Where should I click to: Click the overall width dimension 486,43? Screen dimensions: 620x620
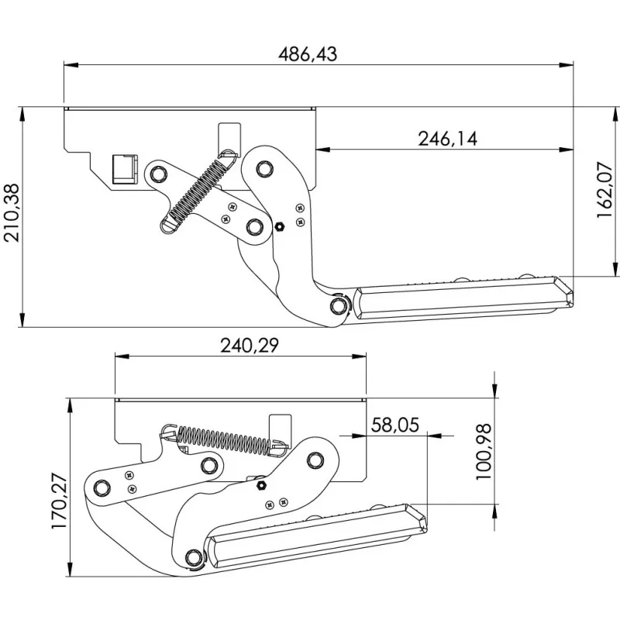point(308,53)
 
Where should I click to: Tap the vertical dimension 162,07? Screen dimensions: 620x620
point(604,191)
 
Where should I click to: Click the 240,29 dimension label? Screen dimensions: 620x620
point(240,346)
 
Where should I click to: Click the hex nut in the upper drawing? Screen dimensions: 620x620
point(280,227)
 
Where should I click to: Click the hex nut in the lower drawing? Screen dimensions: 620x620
point(261,484)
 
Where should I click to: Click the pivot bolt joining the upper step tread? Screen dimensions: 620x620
point(338,306)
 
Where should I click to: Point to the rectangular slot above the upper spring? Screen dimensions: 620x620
point(230,133)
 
